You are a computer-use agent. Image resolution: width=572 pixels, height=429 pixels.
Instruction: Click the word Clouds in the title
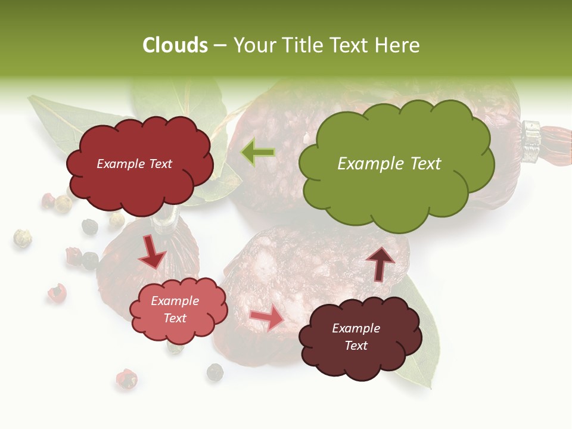[x=175, y=45]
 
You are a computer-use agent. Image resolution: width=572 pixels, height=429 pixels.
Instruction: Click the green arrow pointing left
[x=257, y=153]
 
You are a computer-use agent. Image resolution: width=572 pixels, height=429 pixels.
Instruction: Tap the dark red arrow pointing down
[x=153, y=253]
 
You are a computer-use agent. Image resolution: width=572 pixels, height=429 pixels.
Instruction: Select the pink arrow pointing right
[x=267, y=318]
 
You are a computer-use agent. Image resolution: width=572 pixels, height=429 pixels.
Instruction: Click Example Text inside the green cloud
[x=389, y=164]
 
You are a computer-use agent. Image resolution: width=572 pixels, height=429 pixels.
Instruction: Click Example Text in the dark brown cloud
[x=356, y=337]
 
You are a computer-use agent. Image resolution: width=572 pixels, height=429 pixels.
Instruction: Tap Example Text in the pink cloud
[x=175, y=309]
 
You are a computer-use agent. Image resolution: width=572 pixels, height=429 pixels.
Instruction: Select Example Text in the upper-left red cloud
[x=134, y=164]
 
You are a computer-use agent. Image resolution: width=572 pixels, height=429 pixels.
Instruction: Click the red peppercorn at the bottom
[x=126, y=379]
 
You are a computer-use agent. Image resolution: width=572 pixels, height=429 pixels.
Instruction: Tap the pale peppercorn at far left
[x=23, y=238]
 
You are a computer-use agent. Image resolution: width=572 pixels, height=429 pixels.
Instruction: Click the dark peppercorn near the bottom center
[x=214, y=372]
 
